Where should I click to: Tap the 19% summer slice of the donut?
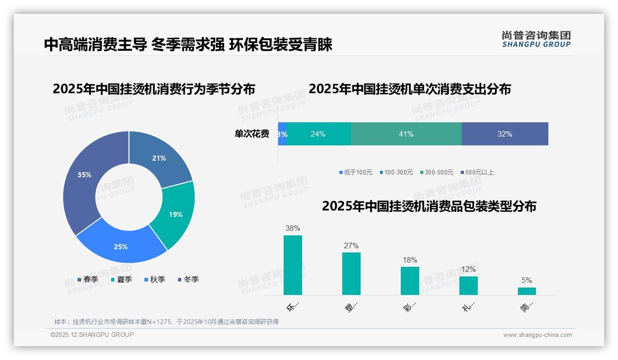(x=175, y=215)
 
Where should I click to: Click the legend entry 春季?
(x=88, y=279)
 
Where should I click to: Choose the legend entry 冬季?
(x=188, y=279)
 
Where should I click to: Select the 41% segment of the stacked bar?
(x=406, y=134)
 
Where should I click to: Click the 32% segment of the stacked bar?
(x=505, y=134)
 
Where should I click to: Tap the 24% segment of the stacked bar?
(x=318, y=134)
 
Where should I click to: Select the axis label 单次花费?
(x=251, y=134)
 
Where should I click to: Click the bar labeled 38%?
(x=292, y=265)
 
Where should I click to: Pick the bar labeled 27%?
(x=351, y=273)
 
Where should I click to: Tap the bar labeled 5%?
(x=527, y=291)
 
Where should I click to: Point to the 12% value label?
(x=468, y=269)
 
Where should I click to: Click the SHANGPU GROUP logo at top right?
(x=536, y=39)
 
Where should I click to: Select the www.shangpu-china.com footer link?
(x=537, y=335)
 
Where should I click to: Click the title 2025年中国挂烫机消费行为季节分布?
(x=154, y=89)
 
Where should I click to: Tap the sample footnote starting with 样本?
(x=166, y=322)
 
